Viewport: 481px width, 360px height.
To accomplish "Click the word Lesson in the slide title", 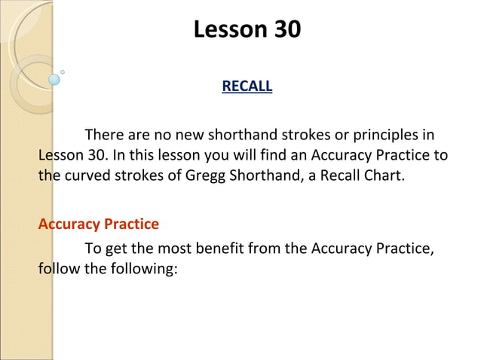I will (x=225, y=29).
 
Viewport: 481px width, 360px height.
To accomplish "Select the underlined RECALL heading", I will (x=247, y=87).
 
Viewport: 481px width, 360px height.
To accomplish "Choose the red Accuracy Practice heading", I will (x=99, y=224).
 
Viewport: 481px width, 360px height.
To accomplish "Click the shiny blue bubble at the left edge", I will (x=54, y=79).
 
